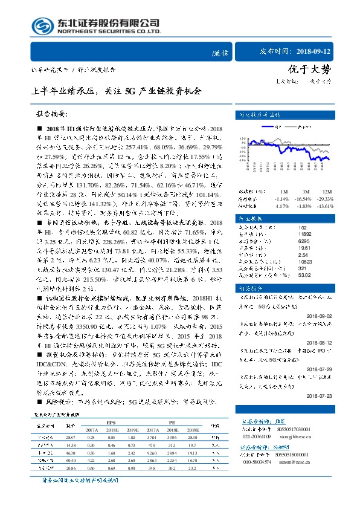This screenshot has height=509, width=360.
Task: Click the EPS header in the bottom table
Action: point(111,423)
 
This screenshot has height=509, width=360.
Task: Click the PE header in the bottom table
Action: point(172,423)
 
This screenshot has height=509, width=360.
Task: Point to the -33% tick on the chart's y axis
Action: point(242,161)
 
